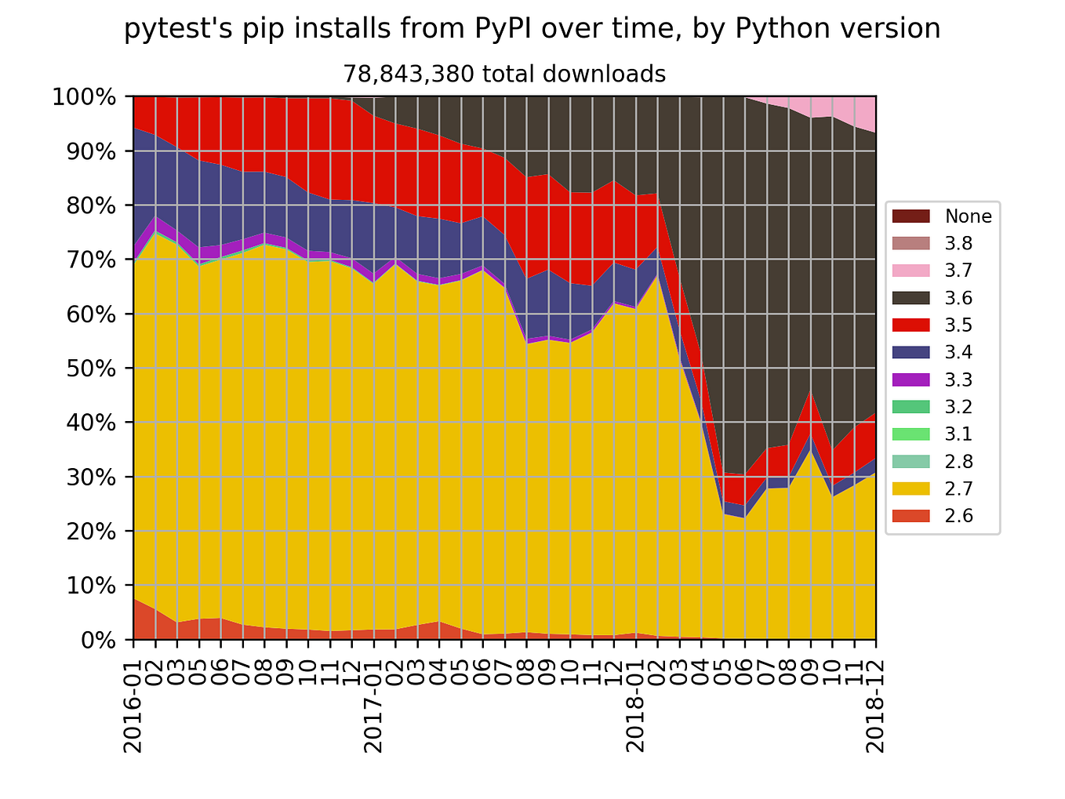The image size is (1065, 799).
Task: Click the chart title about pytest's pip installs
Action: [532, 29]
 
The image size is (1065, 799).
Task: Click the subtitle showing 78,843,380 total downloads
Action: [504, 74]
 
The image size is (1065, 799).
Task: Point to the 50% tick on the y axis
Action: [83, 369]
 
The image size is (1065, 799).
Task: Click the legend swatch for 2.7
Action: [911, 488]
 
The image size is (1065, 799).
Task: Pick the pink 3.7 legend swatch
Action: [911, 271]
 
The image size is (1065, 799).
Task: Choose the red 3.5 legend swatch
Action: [911, 325]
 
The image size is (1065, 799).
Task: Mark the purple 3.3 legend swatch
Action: [911, 380]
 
